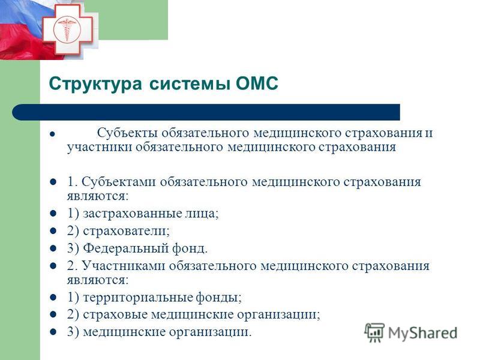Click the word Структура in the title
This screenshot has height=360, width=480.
pyautogui.click(x=95, y=83)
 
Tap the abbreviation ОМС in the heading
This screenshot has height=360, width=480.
pyautogui.click(x=257, y=83)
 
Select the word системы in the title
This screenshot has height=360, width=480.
pyautogui.click(x=190, y=83)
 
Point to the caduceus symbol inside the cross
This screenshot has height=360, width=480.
pyautogui.click(x=67, y=29)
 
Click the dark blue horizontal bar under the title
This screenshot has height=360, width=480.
pyautogui.click(x=206, y=112)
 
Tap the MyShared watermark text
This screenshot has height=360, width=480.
pyautogui.click(x=422, y=333)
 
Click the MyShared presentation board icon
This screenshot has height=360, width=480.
pyautogui.click(x=374, y=332)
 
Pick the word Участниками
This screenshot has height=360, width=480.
pyautogui.click(x=124, y=265)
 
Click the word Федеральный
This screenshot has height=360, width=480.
pyautogui.click(x=126, y=248)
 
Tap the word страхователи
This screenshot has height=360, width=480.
pyautogui.click(x=126, y=231)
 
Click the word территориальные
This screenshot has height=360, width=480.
pyautogui.click(x=138, y=297)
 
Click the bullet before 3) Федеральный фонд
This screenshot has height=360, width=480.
pyautogui.click(x=53, y=248)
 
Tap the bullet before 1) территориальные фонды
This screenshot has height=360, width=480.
pyautogui.click(x=53, y=297)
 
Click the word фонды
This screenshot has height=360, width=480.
pyautogui.click(x=218, y=297)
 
